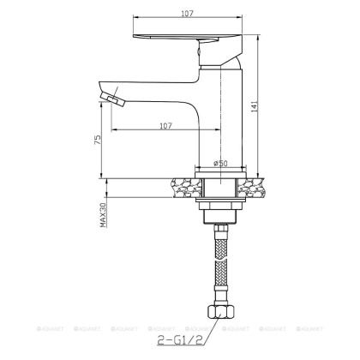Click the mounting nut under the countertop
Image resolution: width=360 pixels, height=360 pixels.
[220, 209]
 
